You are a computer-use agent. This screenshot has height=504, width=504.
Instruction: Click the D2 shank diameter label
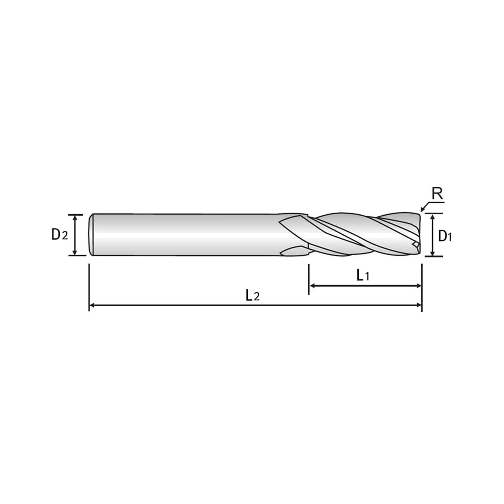coord(60,235)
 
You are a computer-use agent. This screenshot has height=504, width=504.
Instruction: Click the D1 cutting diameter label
coord(445,236)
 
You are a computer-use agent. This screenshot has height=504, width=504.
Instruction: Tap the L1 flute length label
coord(363,275)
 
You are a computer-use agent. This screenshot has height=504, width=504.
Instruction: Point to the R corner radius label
coord(437,194)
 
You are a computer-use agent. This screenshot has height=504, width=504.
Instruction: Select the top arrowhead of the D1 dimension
coord(432,217)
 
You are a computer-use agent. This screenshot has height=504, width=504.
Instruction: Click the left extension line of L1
coord(309,279)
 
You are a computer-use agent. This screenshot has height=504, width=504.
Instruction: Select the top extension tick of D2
coord(76,215)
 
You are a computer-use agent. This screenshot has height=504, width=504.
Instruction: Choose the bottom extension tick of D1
coord(434,257)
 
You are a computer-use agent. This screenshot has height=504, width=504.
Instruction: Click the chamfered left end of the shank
coord(91,235)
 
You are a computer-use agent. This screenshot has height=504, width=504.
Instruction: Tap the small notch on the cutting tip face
coord(416,244)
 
